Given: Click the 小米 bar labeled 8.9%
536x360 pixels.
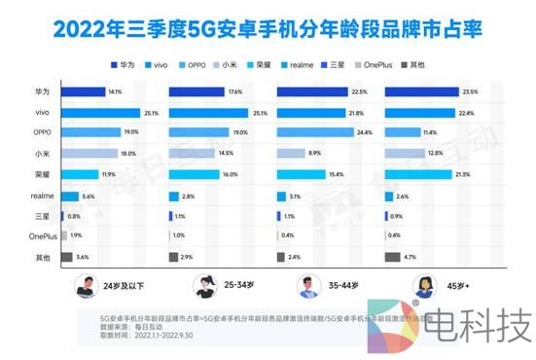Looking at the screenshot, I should click(x=291, y=152).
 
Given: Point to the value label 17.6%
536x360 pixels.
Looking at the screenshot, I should click(x=234, y=93).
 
